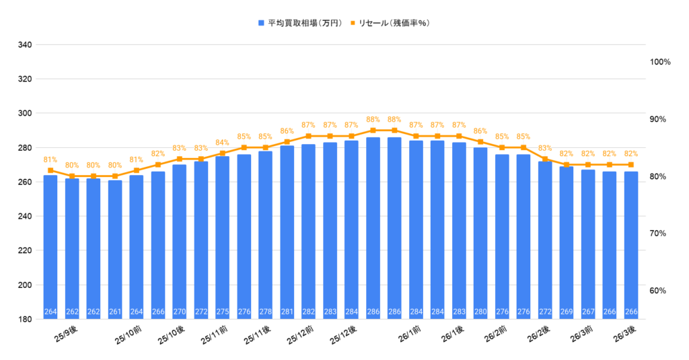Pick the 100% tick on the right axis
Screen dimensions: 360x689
point(661,62)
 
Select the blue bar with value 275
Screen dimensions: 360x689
point(223,236)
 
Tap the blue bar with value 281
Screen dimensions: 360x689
point(287,229)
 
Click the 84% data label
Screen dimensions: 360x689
point(223,143)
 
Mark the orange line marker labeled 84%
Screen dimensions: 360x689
point(223,153)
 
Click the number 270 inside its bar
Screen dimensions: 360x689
point(180,312)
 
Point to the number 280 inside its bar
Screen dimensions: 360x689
point(480,312)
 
